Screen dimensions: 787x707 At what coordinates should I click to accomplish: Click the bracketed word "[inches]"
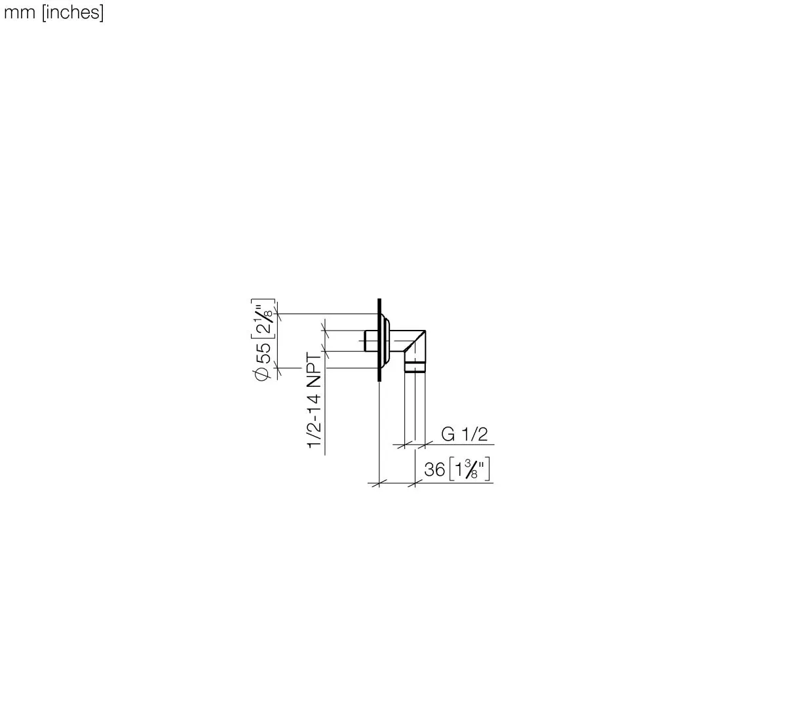click(x=73, y=12)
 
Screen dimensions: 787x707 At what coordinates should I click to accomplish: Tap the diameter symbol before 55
click(x=262, y=374)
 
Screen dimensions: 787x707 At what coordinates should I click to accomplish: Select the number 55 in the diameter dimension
click(x=263, y=353)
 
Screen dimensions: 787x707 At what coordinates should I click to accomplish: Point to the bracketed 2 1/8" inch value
click(x=263, y=318)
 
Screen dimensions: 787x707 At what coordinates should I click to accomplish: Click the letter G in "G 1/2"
click(x=448, y=434)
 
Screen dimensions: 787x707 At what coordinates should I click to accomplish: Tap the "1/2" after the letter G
click(x=474, y=434)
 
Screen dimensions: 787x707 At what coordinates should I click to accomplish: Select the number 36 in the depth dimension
click(x=434, y=470)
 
